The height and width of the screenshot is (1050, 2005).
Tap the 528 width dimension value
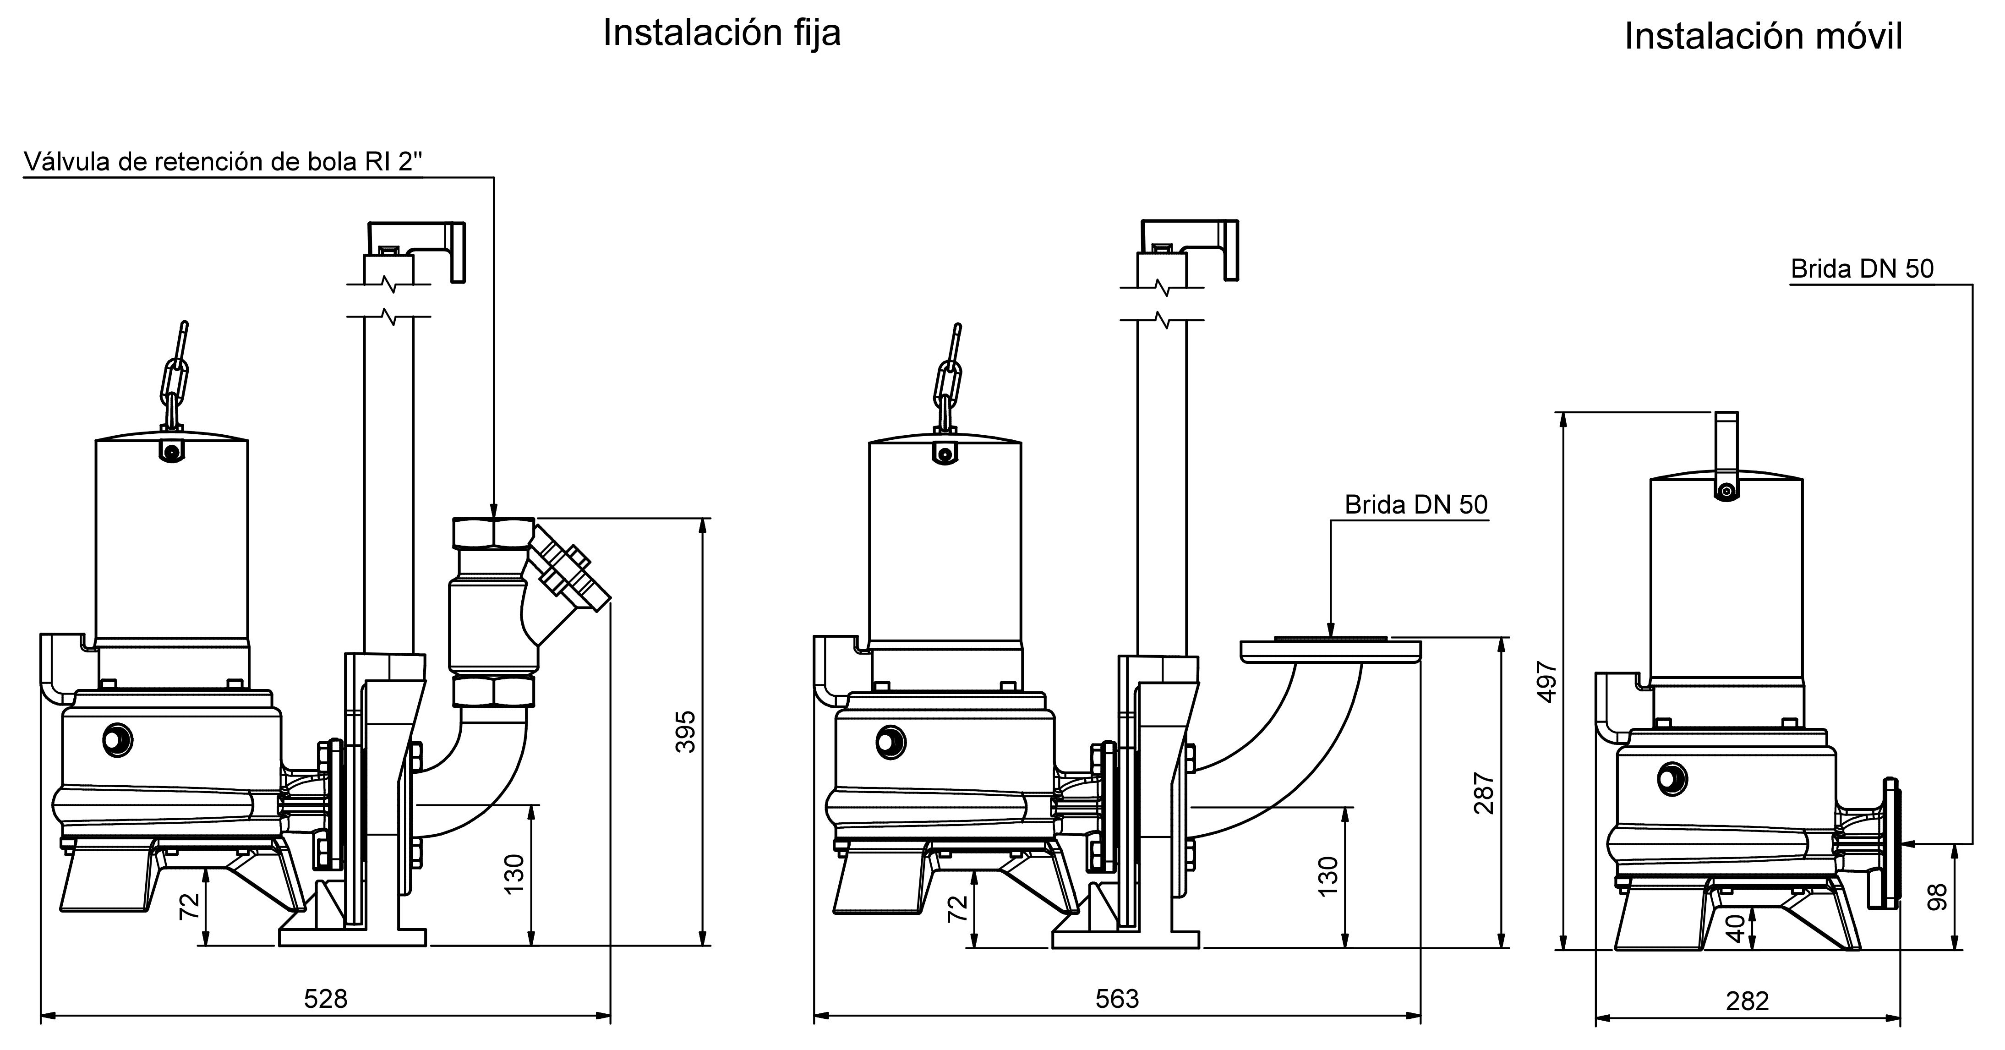[x=325, y=999]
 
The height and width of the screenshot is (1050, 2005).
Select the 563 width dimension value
[x=1117, y=999]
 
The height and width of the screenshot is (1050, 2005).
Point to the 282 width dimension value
[x=1748, y=1001]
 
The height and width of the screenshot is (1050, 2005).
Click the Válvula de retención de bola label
[x=224, y=161]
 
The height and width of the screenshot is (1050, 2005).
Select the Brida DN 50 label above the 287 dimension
[x=1416, y=505]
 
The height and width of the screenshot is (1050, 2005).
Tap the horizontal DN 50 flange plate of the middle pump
[x=1331, y=651]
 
